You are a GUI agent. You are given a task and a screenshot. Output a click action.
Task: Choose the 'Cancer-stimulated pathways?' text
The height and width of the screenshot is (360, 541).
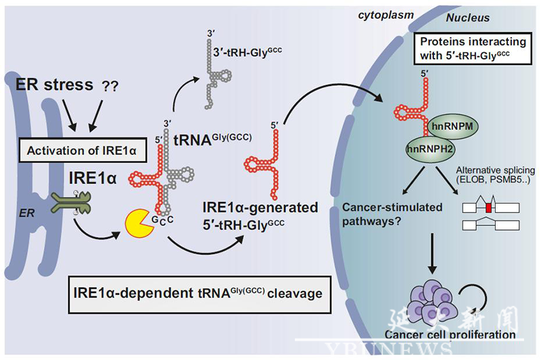pos(385,212)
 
